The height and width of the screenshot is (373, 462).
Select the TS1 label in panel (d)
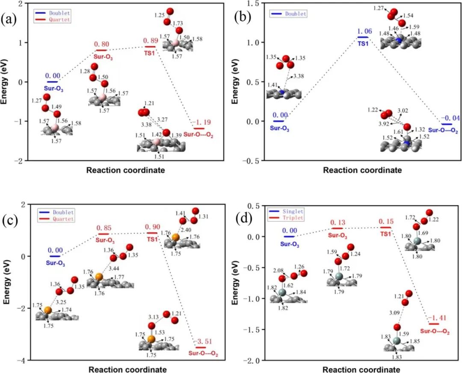click(x=385, y=234)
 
